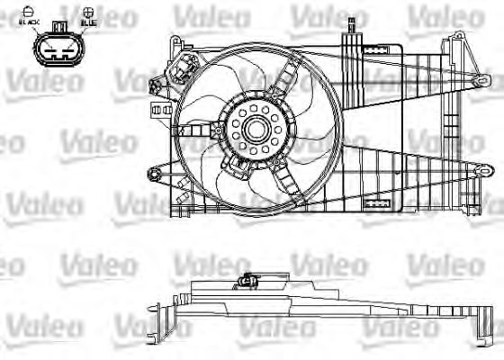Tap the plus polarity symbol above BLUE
pos(87,10)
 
